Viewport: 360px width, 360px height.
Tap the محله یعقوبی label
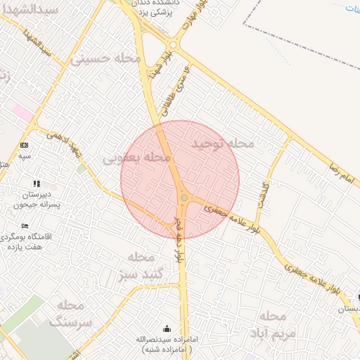(x=137, y=158)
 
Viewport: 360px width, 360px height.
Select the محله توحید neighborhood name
(x=223, y=143)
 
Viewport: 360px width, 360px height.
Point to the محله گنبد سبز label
(x=141, y=264)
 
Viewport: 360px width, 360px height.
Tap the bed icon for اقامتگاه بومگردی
(x=25, y=226)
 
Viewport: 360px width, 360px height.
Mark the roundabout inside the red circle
(x=184, y=199)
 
